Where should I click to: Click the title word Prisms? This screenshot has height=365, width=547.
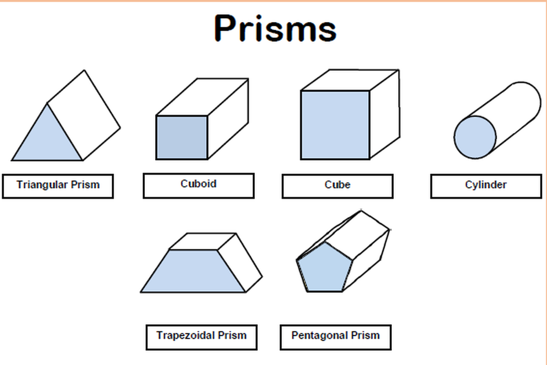[x=275, y=28]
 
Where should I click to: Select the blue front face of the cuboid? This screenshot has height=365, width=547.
[x=182, y=137]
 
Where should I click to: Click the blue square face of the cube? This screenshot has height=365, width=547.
[x=335, y=125]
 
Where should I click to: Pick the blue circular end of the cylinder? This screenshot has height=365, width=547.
[x=475, y=137]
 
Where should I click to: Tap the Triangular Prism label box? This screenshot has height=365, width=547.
[x=58, y=186]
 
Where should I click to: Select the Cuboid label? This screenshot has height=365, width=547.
[x=198, y=185]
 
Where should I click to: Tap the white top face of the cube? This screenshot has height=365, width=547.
[x=349, y=81]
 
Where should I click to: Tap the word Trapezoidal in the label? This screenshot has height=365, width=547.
[x=185, y=336]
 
